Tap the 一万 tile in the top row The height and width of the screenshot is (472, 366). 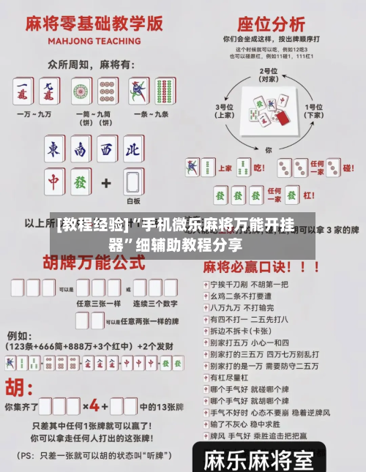pyautogui.click(x=23, y=91)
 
